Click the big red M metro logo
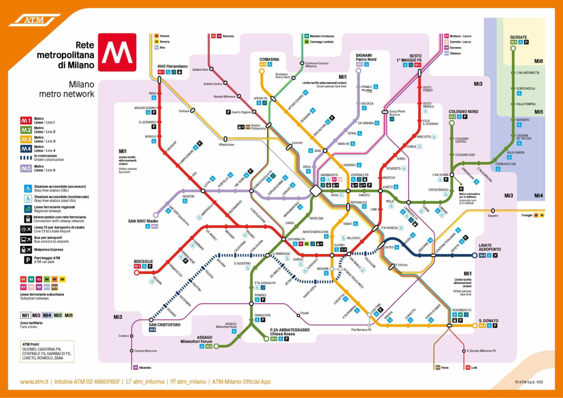pos(117,52)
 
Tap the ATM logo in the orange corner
pos(34,20)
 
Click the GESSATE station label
pos(518,37)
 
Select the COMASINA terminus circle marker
pos(262,71)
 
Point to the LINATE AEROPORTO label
pos(489,247)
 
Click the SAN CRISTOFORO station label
pos(165,325)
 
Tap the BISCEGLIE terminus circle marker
pos(137,272)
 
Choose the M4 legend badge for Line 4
pos(26,149)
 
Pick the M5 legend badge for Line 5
pos(26,169)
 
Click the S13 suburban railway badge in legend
pos(55,287)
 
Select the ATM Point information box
pos(47,351)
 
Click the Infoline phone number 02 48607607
pos(103,382)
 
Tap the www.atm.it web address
pos(34,382)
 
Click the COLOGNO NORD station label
pos(463,111)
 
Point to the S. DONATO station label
pos(488,321)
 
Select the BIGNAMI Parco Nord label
pos(366,57)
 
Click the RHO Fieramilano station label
pos(172,66)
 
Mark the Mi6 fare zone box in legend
pos(69,315)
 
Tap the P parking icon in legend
pos(27,260)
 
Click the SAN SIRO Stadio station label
pos(143,221)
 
